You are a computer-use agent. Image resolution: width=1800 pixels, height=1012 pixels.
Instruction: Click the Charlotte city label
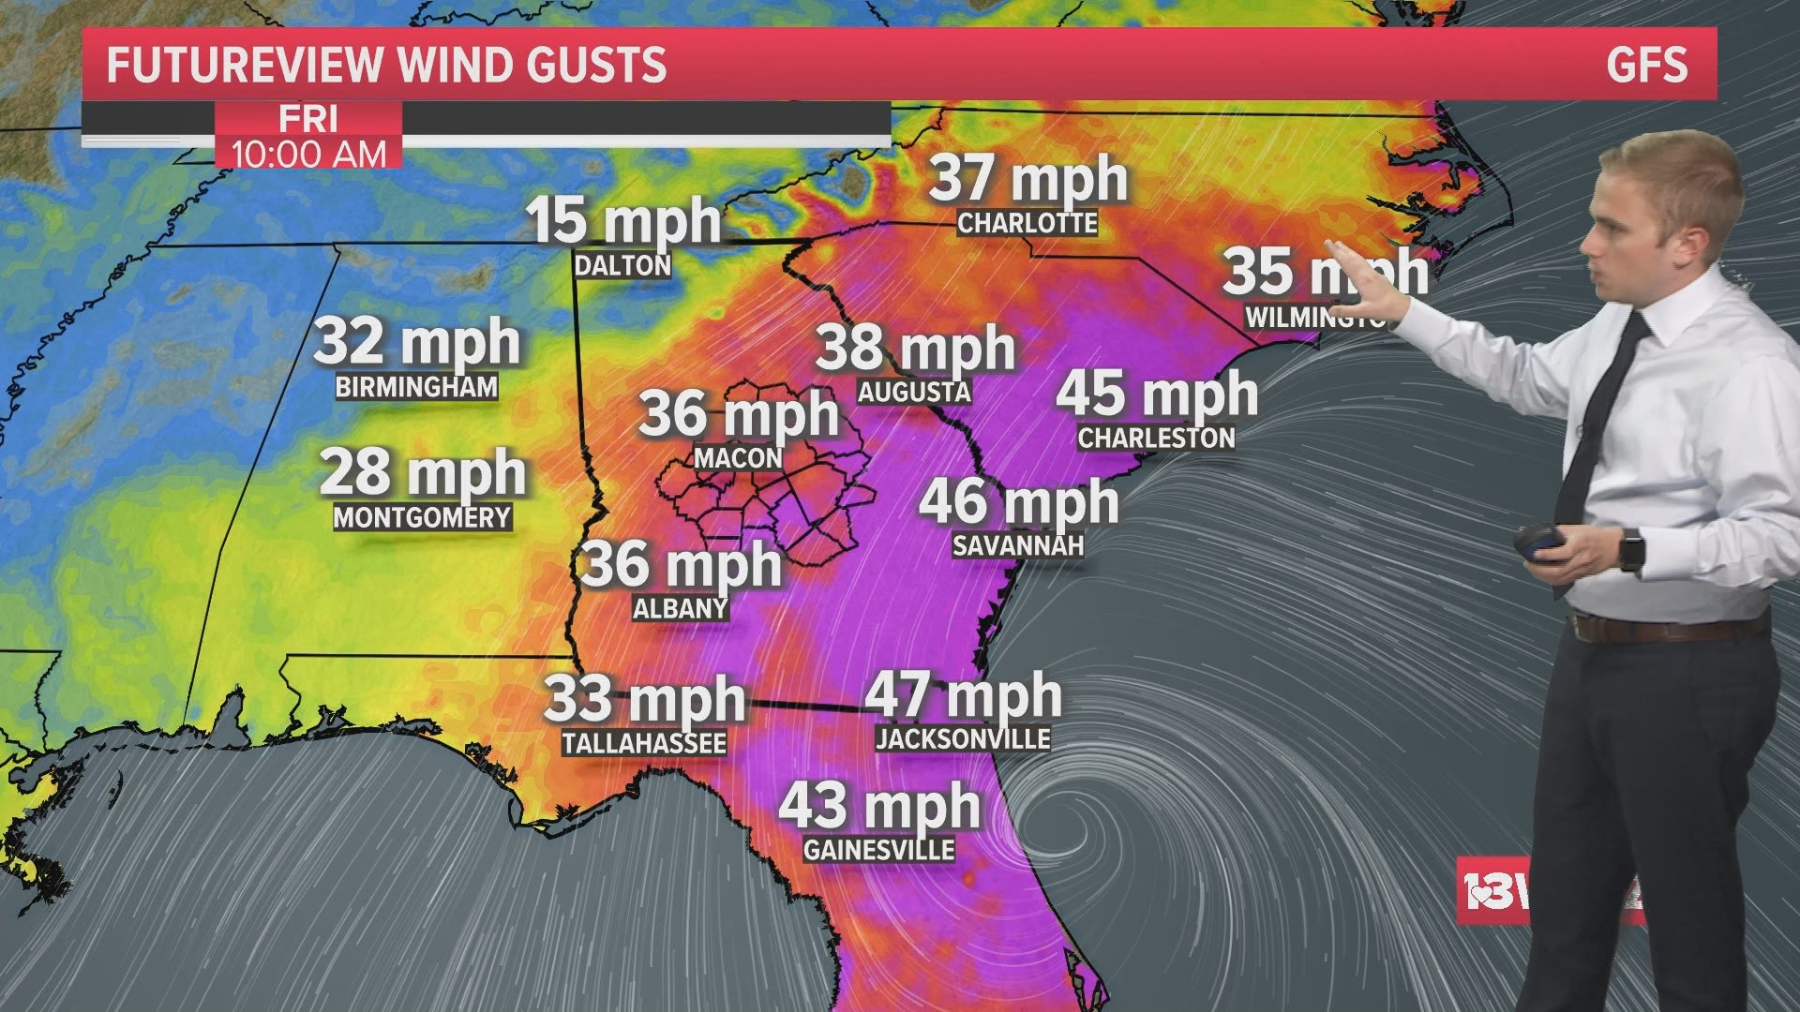tap(1027, 223)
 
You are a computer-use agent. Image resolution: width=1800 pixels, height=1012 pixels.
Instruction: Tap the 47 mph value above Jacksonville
tap(963, 695)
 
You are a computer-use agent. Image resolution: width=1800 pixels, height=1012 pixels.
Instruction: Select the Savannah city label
tap(1017, 545)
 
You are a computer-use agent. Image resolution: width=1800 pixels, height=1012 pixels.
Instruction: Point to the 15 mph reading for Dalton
tap(623, 221)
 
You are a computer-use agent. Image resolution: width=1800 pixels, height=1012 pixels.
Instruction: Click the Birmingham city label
tap(416, 387)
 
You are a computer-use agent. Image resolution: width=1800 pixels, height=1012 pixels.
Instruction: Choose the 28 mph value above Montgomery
tap(422, 472)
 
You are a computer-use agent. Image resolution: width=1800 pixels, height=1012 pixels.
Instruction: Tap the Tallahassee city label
tap(644, 743)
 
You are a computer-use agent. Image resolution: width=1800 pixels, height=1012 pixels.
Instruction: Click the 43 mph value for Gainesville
tap(879, 806)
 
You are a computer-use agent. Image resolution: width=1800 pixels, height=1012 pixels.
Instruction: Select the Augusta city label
tap(914, 392)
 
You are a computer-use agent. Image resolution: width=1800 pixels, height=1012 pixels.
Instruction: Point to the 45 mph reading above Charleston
tap(1157, 393)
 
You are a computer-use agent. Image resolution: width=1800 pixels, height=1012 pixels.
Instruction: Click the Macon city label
tap(738, 458)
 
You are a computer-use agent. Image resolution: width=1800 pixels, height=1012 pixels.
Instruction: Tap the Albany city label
tap(681, 609)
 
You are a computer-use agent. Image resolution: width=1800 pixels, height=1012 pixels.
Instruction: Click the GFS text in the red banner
tap(1646, 65)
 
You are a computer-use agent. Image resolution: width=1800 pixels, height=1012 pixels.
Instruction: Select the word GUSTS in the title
tap(596, 65)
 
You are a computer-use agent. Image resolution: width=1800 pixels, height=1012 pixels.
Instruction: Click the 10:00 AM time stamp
tap(308, 154)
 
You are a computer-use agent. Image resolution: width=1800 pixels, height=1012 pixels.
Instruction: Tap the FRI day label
tap(308, 120)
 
